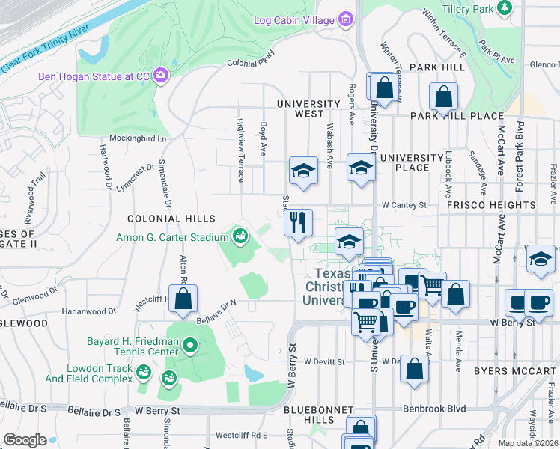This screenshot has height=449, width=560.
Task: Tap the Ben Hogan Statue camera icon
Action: (160, 75)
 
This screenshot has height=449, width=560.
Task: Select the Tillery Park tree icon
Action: (505, 8)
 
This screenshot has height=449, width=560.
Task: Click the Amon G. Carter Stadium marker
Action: (240, 237)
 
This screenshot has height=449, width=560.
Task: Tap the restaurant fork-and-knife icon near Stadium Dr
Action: (298, 222)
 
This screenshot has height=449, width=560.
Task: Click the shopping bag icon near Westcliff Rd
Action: (183, 299)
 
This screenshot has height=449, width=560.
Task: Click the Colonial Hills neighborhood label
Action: (171, 219)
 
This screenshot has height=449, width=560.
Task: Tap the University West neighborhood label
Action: (308, 109)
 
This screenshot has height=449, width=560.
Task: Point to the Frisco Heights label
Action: (491, 204)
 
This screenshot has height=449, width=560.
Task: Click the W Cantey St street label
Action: (404, 204)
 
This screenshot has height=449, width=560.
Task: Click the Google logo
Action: (25, 439)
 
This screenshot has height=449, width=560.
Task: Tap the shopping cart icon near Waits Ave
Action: (433, 285)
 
